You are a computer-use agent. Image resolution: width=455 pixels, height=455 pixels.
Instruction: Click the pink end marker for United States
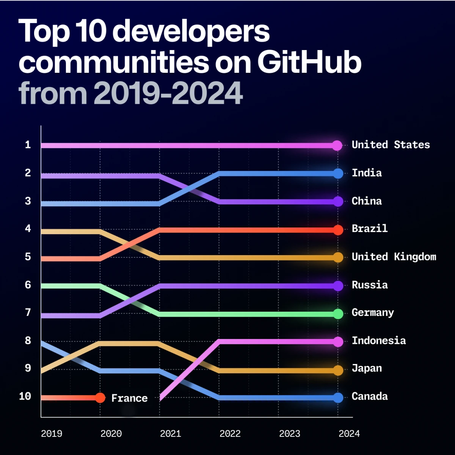337,145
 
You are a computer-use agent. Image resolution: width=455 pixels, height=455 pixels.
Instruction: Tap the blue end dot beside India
338,173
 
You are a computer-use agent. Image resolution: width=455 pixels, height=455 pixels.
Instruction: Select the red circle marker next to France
100,398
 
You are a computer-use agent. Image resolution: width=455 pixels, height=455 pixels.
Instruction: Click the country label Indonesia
378,340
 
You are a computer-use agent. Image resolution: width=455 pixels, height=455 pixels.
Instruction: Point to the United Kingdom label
394,257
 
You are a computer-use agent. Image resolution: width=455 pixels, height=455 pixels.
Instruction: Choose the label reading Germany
372,313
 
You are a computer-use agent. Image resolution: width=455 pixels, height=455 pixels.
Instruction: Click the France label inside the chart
129,398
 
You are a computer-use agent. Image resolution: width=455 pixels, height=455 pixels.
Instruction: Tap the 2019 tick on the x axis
52,433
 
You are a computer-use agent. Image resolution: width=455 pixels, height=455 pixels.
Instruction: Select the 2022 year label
230,433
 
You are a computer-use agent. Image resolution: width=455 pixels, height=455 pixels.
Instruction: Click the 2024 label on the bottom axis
349,433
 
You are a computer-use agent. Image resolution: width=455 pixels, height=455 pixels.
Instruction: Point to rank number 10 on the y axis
25,396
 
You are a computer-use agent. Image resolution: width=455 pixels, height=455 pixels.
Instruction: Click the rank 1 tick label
28,144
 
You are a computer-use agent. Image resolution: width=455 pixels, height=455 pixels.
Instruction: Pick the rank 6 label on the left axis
28,285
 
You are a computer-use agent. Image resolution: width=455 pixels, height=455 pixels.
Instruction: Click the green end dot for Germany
338,314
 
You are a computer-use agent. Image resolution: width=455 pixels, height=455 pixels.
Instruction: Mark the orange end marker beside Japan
338,370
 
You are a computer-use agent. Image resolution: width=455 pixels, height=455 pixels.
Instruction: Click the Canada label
369,396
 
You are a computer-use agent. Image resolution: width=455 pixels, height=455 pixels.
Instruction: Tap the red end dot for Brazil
338,230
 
